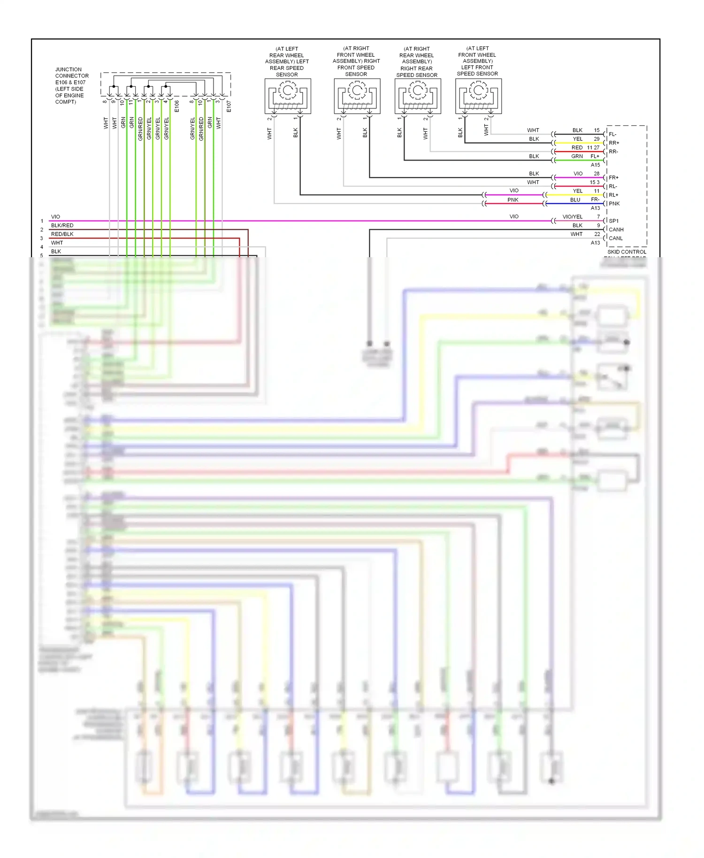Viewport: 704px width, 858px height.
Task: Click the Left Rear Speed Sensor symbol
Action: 288,96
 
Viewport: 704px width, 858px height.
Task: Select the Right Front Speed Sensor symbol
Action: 357,96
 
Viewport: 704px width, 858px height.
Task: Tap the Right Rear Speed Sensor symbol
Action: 418,96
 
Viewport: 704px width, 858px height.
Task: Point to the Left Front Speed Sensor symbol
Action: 478,96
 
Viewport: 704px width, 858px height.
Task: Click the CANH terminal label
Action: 616,230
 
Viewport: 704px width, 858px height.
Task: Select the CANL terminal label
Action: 615,238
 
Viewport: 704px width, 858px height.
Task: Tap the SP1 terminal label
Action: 613,221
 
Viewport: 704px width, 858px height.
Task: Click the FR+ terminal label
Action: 613,178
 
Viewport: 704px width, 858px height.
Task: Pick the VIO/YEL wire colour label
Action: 572,217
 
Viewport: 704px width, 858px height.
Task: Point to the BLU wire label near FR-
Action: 575,200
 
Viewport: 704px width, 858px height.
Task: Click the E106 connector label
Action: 177,106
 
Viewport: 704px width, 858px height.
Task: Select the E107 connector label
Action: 229,106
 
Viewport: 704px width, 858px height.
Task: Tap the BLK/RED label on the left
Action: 62,225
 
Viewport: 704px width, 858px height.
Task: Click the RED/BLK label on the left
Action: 62,234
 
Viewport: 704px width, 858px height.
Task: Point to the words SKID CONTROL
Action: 627,252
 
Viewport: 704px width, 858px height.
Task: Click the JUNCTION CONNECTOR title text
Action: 71,72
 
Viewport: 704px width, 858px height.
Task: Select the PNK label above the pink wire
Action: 513,200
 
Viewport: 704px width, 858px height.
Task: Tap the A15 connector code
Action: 595,165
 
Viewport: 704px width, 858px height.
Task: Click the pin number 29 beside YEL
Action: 597,139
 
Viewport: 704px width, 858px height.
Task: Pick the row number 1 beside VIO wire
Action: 42,221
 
